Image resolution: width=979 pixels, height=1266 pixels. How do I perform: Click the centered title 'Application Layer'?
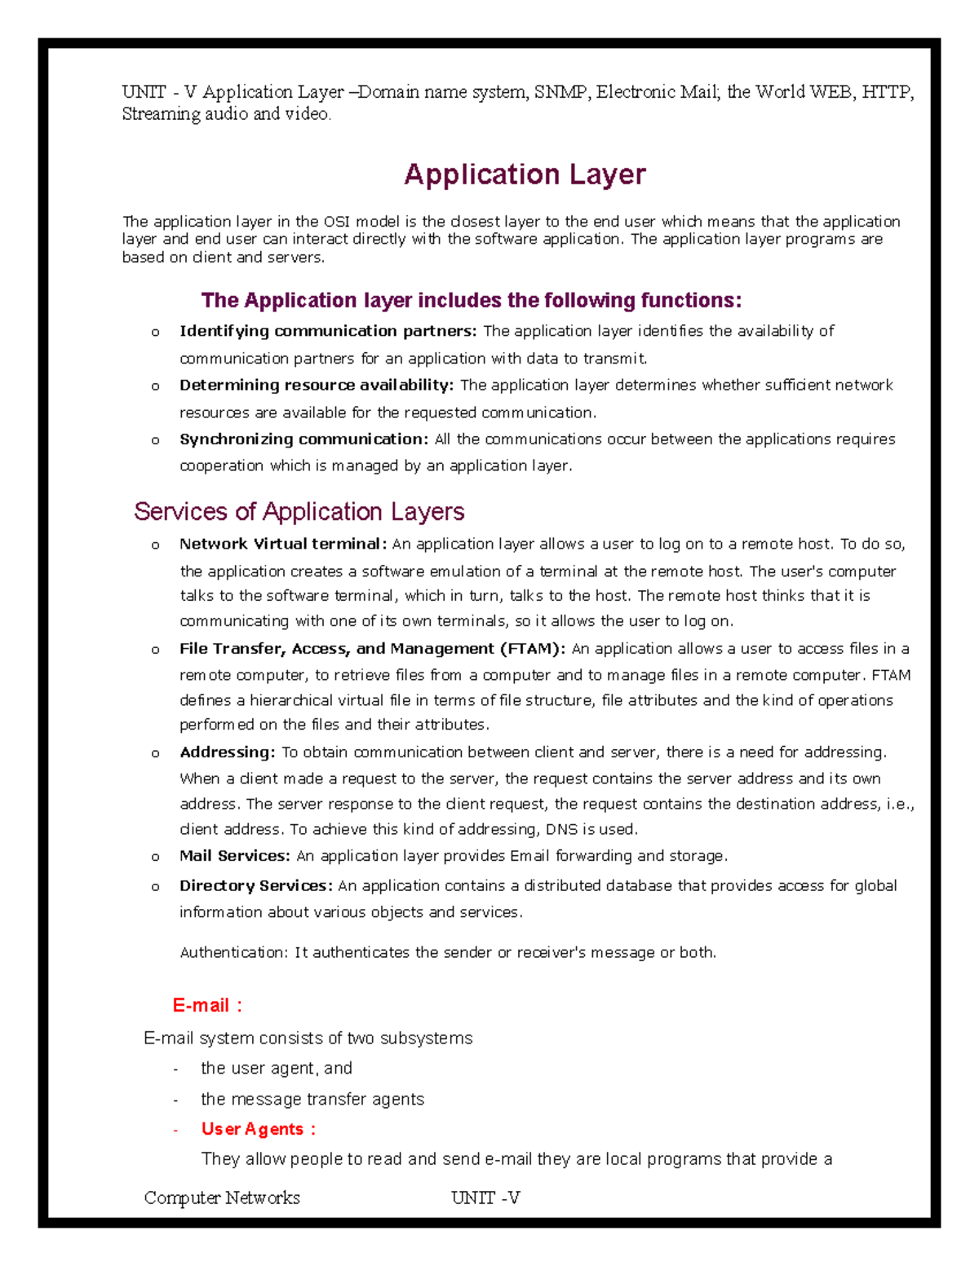525,174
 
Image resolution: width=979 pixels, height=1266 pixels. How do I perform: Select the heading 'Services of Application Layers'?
299,511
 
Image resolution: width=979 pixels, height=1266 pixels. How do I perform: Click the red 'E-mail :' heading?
207,1005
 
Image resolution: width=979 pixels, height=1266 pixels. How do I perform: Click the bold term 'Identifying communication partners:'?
328,331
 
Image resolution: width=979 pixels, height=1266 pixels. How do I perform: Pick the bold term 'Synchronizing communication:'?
303,439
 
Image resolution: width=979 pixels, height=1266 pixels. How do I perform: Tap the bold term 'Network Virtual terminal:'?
283,544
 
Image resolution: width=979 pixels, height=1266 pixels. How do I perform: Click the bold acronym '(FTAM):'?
533,649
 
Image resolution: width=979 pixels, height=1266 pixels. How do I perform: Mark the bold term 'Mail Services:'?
235,856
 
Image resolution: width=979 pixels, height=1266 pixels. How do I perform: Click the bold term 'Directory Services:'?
256,885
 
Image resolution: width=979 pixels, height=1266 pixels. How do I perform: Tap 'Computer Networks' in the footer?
222,1198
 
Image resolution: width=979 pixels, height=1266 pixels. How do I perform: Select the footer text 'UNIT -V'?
485,1198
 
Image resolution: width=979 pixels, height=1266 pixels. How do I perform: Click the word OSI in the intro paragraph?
337,222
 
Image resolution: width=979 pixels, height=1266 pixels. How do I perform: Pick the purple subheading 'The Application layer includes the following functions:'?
472,301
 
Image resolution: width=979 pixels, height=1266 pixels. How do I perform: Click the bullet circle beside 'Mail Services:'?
155,857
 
